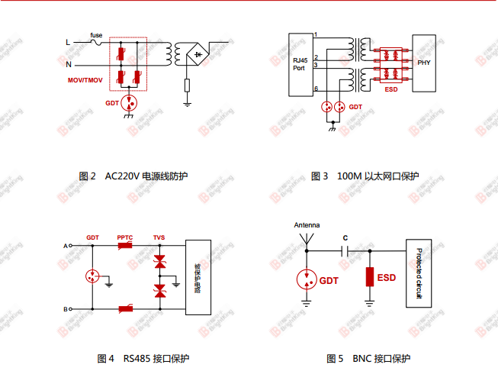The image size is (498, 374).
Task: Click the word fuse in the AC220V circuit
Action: [x=97, y=35]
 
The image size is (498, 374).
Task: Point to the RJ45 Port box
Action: [x=300, y=64]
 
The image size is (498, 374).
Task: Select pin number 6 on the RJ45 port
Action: [x=315, y=89]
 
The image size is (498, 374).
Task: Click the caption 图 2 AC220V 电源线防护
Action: [x=133, y=176]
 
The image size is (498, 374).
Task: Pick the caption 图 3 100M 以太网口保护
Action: [x=365, y=176]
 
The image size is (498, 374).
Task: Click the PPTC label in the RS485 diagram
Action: [x=125, y=237]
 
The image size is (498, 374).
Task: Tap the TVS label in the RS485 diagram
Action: [x=159, y=237]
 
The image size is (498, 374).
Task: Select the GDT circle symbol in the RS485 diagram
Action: [x=93, y=277]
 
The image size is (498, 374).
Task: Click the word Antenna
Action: [x=307, y=225]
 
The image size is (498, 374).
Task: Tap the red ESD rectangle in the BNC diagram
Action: [x=370, y=276]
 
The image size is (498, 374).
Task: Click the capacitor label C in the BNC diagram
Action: [x=345, y=237]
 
